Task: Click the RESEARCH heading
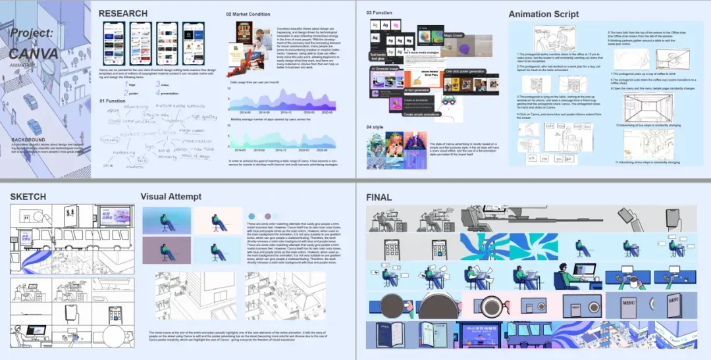124,14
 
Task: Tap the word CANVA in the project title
34,54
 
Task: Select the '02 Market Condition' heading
248,14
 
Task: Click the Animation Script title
543,14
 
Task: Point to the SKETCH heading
28,196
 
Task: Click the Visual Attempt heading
171,196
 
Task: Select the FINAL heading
379,197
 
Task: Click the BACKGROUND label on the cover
28,140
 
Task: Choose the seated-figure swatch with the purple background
167,251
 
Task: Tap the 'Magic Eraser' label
452,35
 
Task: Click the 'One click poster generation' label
465,71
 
